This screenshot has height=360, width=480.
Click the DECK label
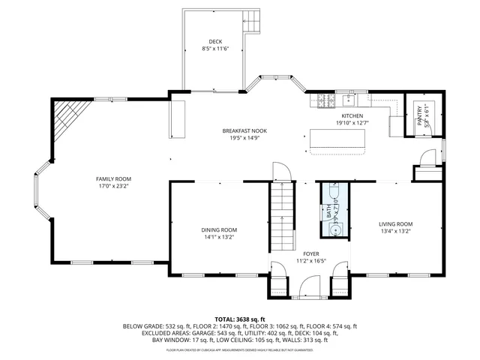point(215,41)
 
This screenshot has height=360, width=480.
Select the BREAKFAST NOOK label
point(244,130)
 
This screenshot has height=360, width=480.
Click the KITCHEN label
point(352,116)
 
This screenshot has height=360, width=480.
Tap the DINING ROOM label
point(218,229)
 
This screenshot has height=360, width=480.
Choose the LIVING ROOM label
point(394,224)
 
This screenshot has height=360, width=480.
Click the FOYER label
point(311,254)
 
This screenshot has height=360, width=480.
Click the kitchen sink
point(349,99)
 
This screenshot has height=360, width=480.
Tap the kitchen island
point(338,139)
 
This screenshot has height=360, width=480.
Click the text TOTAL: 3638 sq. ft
point(239,319)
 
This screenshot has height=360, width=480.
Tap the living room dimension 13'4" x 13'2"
point(394,232)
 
